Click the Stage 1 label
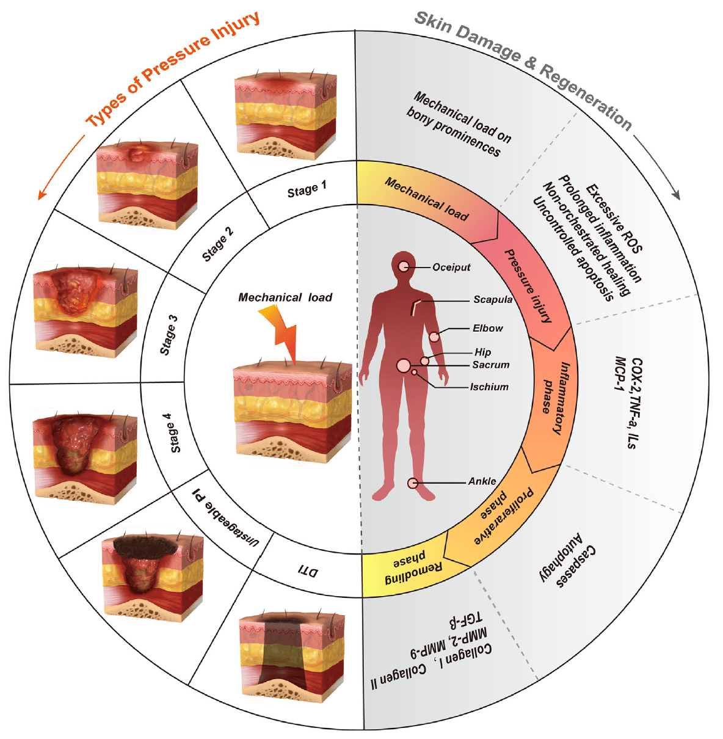coord(307,190)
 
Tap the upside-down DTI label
coord(308,572)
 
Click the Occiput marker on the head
coord(404,266)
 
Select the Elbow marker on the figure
coord(434,337)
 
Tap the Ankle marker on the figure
coord(413,483)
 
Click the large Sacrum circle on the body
coord(404,366)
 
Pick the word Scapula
coord(493,299)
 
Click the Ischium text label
coord(489,387)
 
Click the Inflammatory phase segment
coord(552,397)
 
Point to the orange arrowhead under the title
coord(42,194)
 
